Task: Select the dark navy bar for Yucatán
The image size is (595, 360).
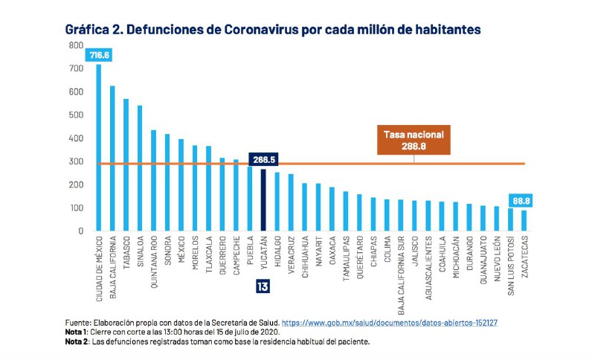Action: tap(263, 200)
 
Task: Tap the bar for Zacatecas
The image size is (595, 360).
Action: tap(524, 221)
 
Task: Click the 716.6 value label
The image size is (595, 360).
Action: tap(99, 55)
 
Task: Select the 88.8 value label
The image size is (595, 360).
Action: tap(524, 200)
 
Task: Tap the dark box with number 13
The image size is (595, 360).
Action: tap(263, 286)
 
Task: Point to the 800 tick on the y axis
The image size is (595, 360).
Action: tap(75, 45)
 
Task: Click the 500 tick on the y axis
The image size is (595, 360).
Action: tap(75, 115)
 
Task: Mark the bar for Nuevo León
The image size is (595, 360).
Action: tap(496, 219)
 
